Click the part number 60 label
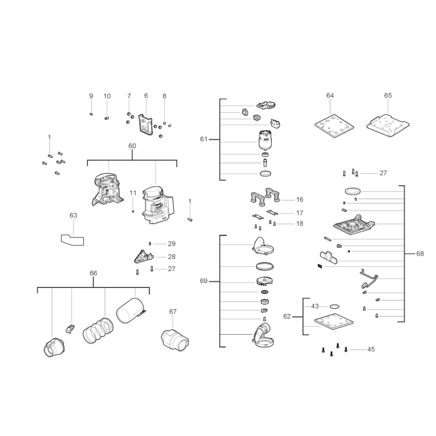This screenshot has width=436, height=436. (132, 146)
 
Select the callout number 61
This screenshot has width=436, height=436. (204, 139)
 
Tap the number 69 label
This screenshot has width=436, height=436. (204, 281)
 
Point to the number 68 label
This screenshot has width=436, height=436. (420, 254)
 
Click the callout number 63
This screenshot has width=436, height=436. (73, 215)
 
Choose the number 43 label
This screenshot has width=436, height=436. (315, 306)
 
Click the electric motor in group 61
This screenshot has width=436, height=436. (266, 140)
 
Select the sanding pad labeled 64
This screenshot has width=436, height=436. (334, 125)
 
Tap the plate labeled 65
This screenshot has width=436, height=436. (388, 125)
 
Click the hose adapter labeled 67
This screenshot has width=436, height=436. (175, 341)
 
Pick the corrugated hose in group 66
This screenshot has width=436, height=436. (98, 331)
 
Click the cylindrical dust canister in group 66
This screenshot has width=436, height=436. (131, 311)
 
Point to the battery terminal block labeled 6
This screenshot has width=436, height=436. (146, 125)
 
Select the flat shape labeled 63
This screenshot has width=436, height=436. (72, 240)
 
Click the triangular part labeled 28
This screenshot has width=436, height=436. (144, 256)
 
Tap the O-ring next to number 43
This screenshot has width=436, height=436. (335, 307)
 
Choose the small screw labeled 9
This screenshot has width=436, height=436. (91, 114)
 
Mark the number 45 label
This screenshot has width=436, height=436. (371, 349)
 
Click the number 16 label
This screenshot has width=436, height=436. (299, 200)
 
